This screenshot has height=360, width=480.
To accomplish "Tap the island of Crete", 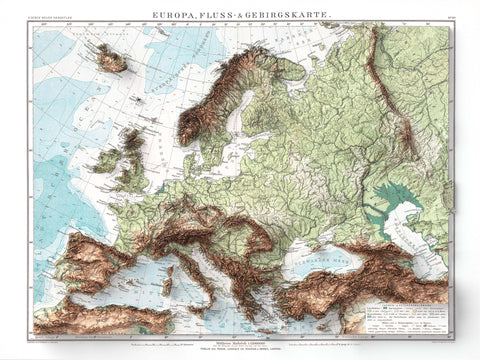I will [x=264, y=326].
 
